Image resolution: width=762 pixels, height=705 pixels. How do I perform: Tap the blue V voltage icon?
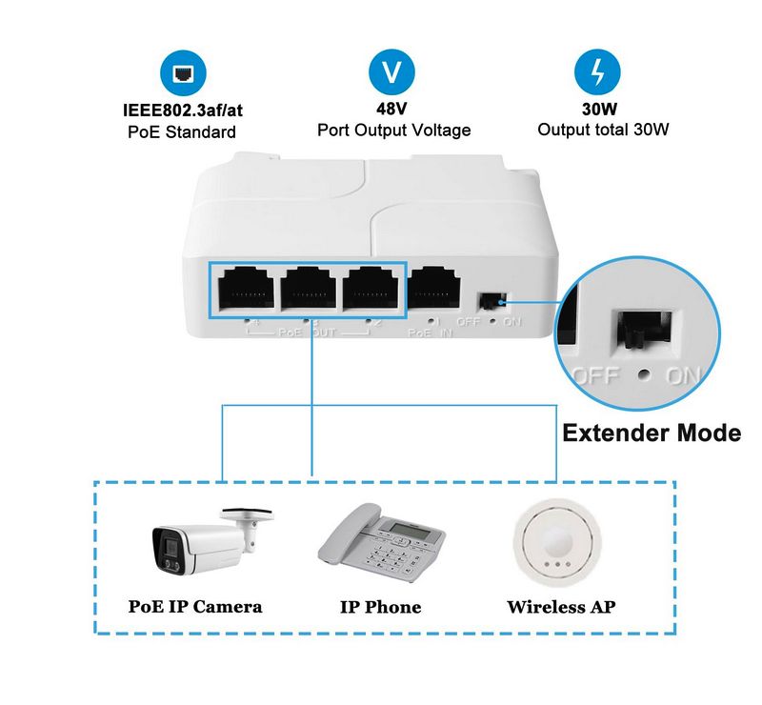391,73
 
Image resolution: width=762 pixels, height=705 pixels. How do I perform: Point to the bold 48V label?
392,109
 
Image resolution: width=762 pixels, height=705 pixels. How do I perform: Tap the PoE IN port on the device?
435,288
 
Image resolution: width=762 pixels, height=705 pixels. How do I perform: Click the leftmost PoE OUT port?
246,288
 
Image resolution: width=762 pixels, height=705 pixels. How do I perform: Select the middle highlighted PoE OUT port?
310,288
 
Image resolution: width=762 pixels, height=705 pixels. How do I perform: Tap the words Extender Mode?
652,433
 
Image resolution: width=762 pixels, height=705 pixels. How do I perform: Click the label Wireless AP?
560,607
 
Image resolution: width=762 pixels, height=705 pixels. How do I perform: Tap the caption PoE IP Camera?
195,607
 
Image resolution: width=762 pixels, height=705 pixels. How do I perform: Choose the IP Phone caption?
380,607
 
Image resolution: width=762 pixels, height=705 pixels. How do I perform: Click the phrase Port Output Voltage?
393,130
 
